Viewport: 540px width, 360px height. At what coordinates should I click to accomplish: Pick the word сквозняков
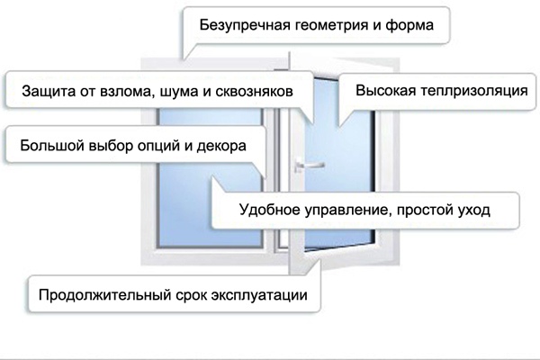[254, 92]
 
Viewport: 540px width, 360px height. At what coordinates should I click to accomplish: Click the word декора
[221, 146]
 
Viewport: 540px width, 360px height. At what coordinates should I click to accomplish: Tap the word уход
[473, 210]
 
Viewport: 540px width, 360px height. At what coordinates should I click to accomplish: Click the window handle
[307, 166]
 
